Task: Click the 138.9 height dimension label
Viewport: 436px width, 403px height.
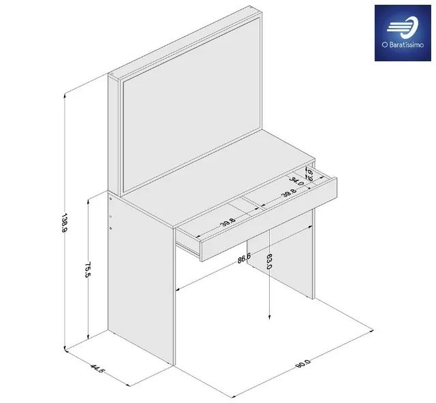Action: point(64,222)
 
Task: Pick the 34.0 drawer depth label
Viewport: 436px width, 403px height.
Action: point(296,184)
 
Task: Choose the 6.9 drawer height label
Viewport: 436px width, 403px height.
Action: point(311,177)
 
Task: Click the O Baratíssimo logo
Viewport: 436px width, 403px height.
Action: point(402,33)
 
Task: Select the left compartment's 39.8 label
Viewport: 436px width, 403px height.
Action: point(228,221)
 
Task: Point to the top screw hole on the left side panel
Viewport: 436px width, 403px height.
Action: point(112,200)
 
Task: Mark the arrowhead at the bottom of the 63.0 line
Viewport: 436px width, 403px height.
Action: point(270,316)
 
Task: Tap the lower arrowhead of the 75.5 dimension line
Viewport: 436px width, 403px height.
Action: point(90,338)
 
